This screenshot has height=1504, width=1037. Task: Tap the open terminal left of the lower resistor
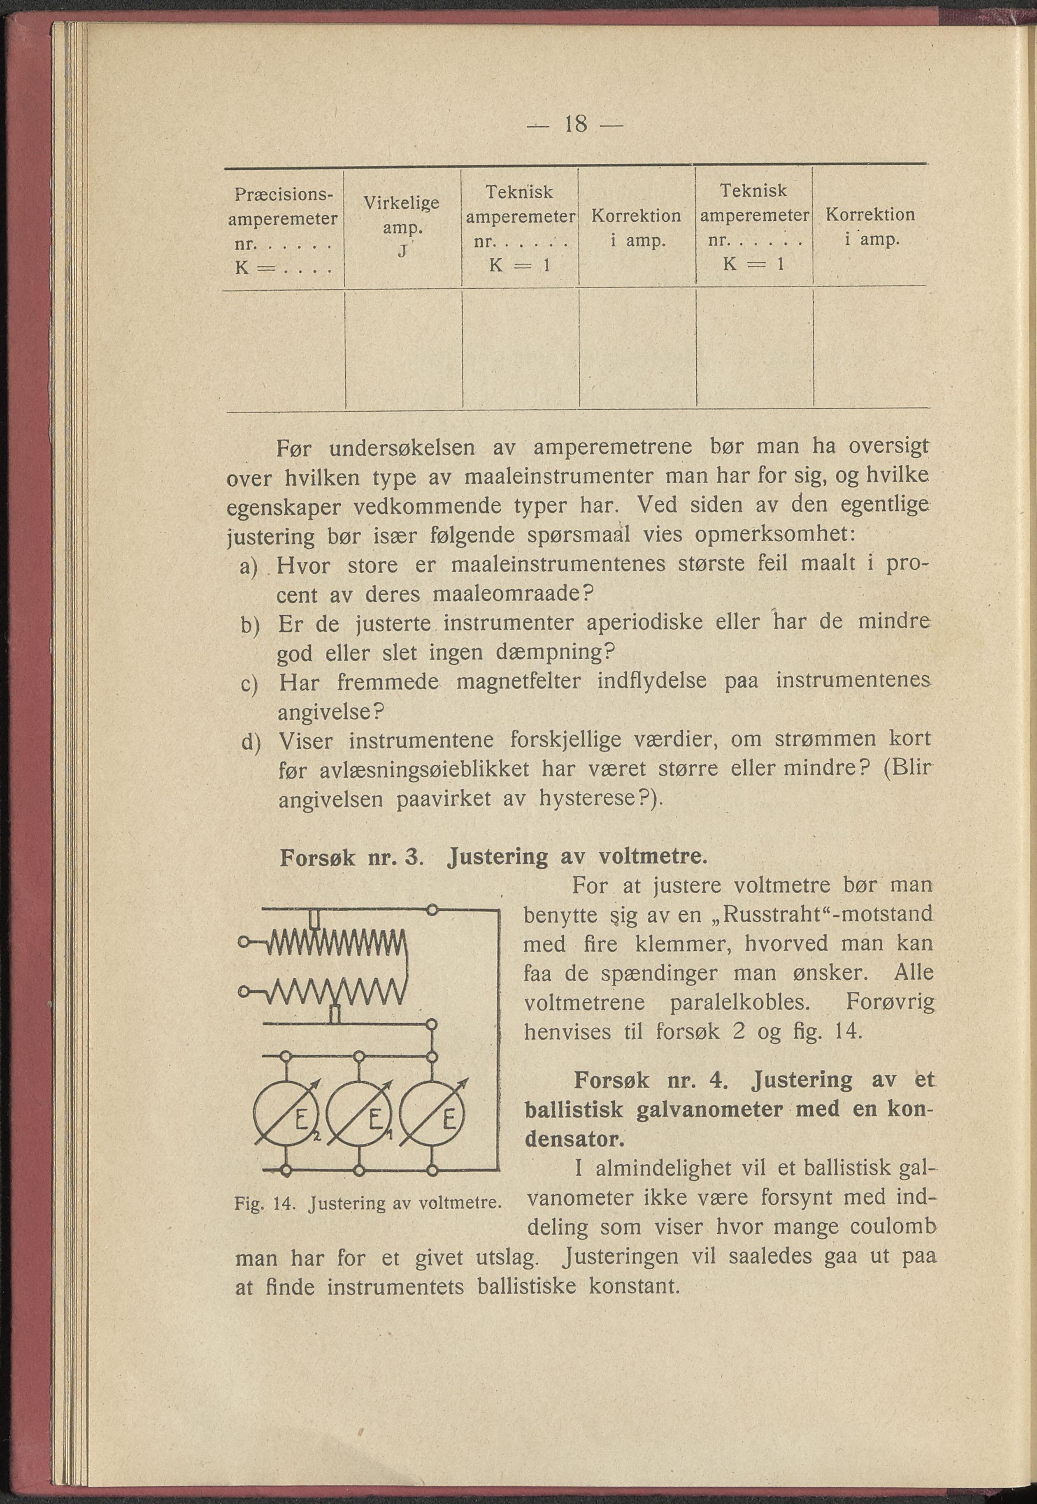point(244,992)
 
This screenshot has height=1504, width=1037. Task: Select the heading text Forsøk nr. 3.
point(351,857)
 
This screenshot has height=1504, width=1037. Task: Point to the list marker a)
point(249,567)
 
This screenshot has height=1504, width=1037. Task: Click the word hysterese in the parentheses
point(587,798)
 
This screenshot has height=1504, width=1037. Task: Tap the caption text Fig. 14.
point(264,1203)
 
